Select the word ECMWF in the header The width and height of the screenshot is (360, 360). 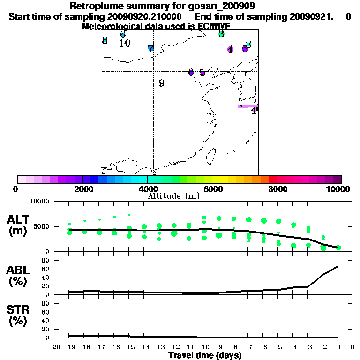(x=213, y=26)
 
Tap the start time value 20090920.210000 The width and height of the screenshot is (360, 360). (x=150, y=16)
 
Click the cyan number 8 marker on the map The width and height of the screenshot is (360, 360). (x=105, y=41)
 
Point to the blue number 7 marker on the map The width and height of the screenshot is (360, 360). (x=150, y=48)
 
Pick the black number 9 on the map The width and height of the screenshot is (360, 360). (x=161, y=83)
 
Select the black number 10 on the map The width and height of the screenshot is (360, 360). (x=124, y=44)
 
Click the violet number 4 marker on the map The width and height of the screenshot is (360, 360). (x=230, y=50)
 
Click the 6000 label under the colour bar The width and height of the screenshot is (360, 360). (x=212, y=189)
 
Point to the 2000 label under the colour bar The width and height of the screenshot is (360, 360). (x=82, y=189)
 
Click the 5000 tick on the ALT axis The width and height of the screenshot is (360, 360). (x=42, y=226)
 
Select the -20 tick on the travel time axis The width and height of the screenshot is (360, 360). (x=54, y=347)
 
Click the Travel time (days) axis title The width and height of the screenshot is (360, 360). (x=204, y=356)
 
